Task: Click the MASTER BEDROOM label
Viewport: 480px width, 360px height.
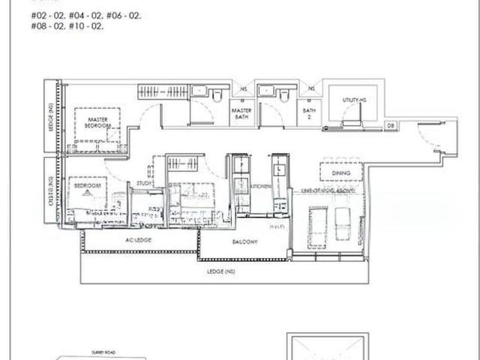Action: coord(98,122)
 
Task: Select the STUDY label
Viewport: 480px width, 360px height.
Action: coord(144,182)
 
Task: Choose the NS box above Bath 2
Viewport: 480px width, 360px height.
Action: coord(310,89)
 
